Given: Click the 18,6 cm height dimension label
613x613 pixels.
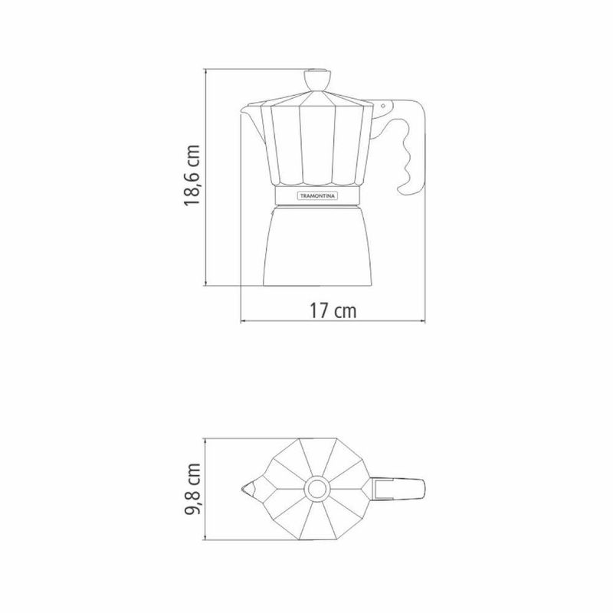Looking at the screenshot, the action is [192, 175].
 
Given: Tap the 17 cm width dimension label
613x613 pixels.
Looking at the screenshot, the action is [333, 311].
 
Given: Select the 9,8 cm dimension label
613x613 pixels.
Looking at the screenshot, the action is [192, 489].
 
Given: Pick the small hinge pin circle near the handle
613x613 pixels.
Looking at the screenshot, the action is [383, 106].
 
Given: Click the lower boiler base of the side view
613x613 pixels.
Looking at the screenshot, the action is [317, 246].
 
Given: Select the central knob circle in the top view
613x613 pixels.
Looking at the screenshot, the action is [316, 489].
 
